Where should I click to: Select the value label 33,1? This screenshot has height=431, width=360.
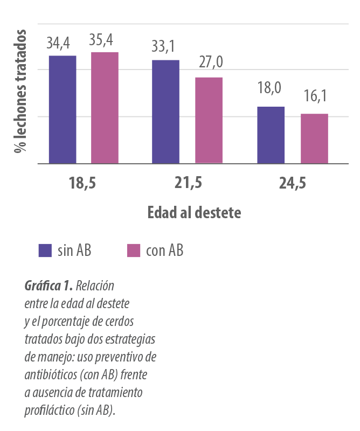[164, 48]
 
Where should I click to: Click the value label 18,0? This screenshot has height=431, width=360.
[269, 88]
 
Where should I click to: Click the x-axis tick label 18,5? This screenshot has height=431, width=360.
[82, 183]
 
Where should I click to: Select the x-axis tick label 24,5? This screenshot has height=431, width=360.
[293, 184]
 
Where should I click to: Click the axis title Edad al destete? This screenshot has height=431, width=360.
[195, 212]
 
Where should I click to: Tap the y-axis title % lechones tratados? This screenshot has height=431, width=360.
[19, 92]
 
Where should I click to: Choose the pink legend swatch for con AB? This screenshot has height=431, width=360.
[133, 251]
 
